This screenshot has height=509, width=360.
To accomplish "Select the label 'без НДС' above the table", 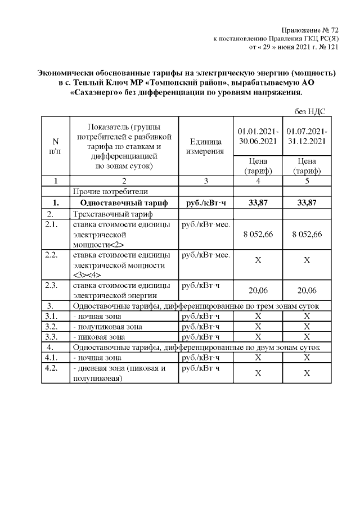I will click(x=309, y=111).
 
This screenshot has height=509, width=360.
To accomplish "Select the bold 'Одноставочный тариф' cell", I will click(x=123, y=202).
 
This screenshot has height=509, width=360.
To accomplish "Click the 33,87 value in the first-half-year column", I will click(x=256, y=202).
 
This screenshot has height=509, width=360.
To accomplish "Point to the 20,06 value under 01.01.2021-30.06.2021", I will click(x=256, y=290).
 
